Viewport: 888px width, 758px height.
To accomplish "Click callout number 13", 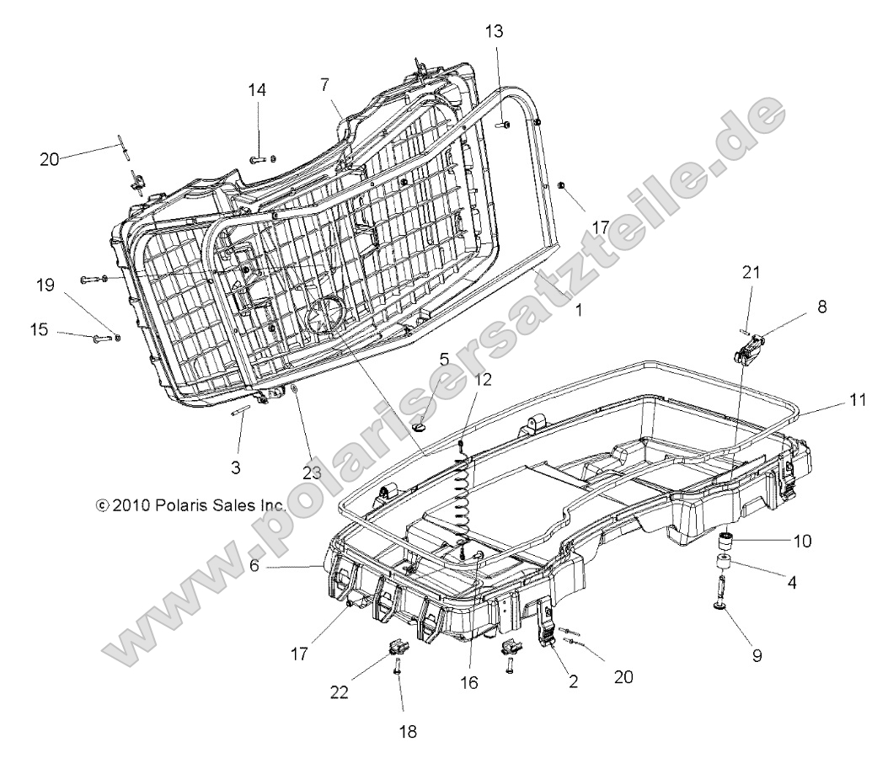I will coord(494,31).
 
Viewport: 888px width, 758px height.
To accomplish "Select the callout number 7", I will coord(324,83).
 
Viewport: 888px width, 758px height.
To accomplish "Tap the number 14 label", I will coord(256,90).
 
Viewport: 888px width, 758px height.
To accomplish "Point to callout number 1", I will coord(578,310).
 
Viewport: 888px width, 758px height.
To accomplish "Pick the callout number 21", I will coord(751,271).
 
